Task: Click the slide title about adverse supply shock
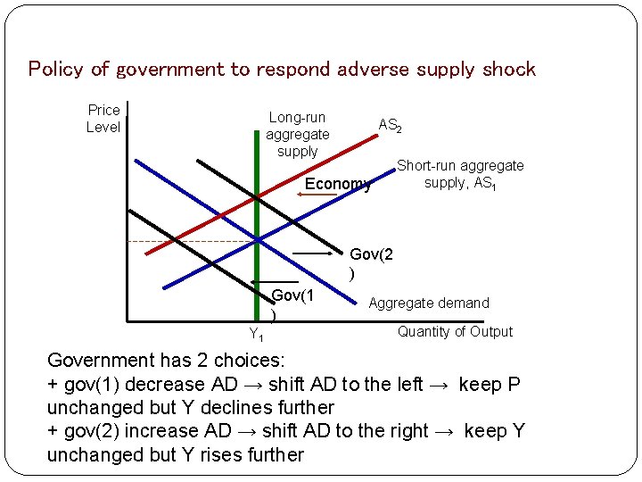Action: (282, 69)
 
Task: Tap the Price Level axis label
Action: (103, 119)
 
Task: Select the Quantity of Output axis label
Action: (455, 331)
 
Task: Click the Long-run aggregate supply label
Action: (298, 134)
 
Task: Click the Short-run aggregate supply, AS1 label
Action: (460, 174)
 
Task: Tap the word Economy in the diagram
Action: (338, 185)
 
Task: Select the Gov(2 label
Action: (371, 254)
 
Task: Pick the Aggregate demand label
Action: (429, 303)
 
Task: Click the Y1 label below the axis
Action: (255, 335)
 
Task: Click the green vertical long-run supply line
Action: (258, 268)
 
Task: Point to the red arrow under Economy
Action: (317, 194)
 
